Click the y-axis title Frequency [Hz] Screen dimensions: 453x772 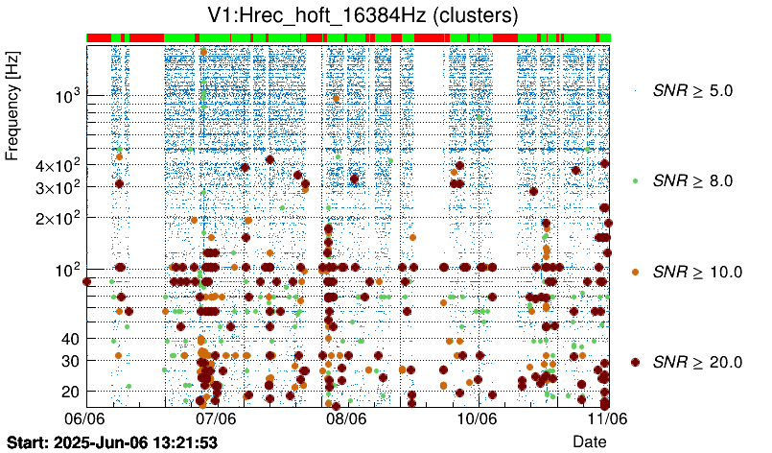(x=12, y=107)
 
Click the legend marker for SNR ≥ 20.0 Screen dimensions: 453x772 (x=635, y=362)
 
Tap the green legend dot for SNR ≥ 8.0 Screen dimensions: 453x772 (x=635, y=180)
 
